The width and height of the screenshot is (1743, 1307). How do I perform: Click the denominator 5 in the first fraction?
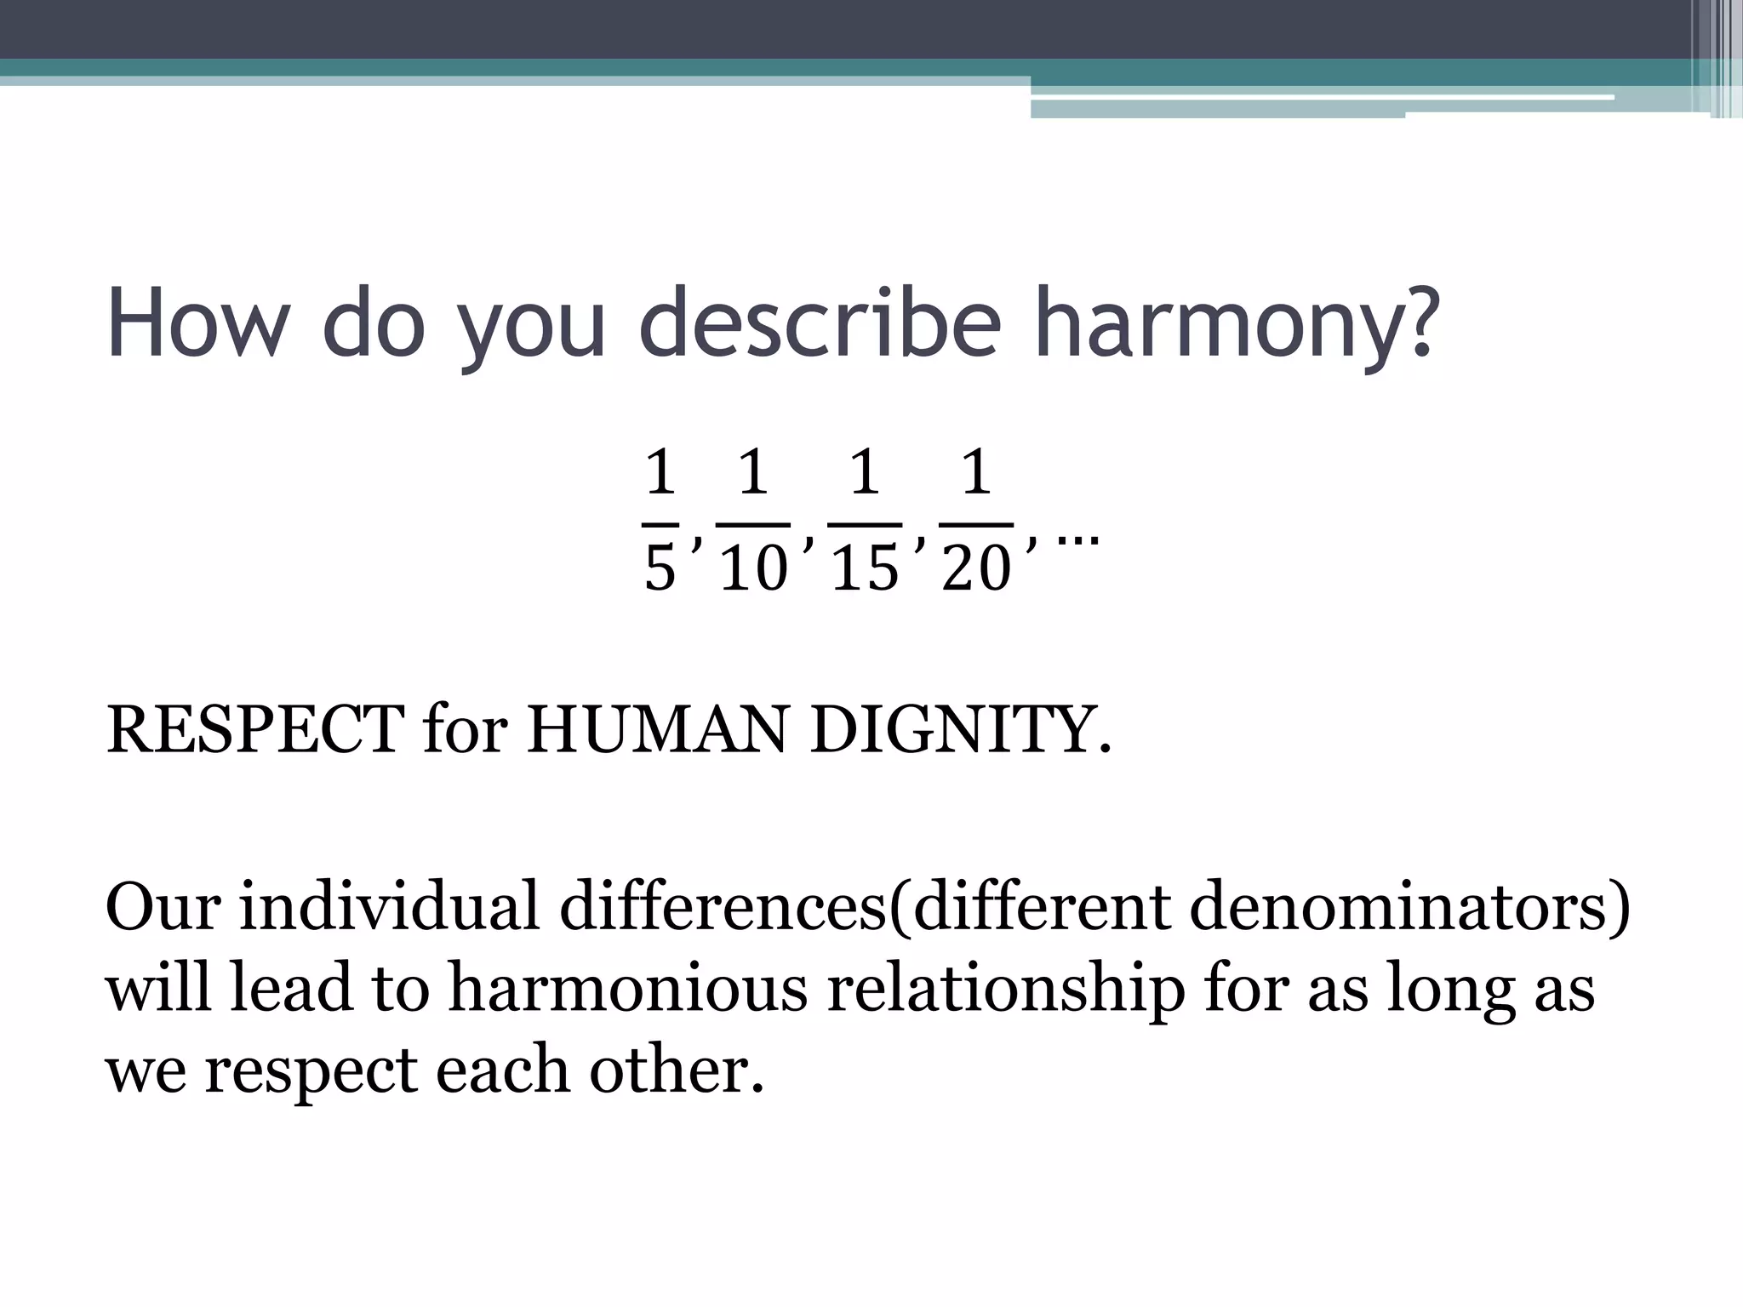(x=660, y=568)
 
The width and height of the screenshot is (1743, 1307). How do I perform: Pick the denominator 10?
(x=754, y=568)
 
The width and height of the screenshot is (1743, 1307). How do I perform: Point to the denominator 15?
(x=865, y=568)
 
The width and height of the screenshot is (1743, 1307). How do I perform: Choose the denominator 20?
(x=976, y=568)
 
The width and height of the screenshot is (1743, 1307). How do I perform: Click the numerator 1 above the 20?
(x=976, y=472)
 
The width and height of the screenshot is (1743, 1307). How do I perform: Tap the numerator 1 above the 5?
(x=660, y=472)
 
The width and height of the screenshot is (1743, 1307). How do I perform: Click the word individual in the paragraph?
(x=389, y=906)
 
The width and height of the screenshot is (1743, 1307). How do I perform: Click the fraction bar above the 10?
(x=754, y=524)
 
